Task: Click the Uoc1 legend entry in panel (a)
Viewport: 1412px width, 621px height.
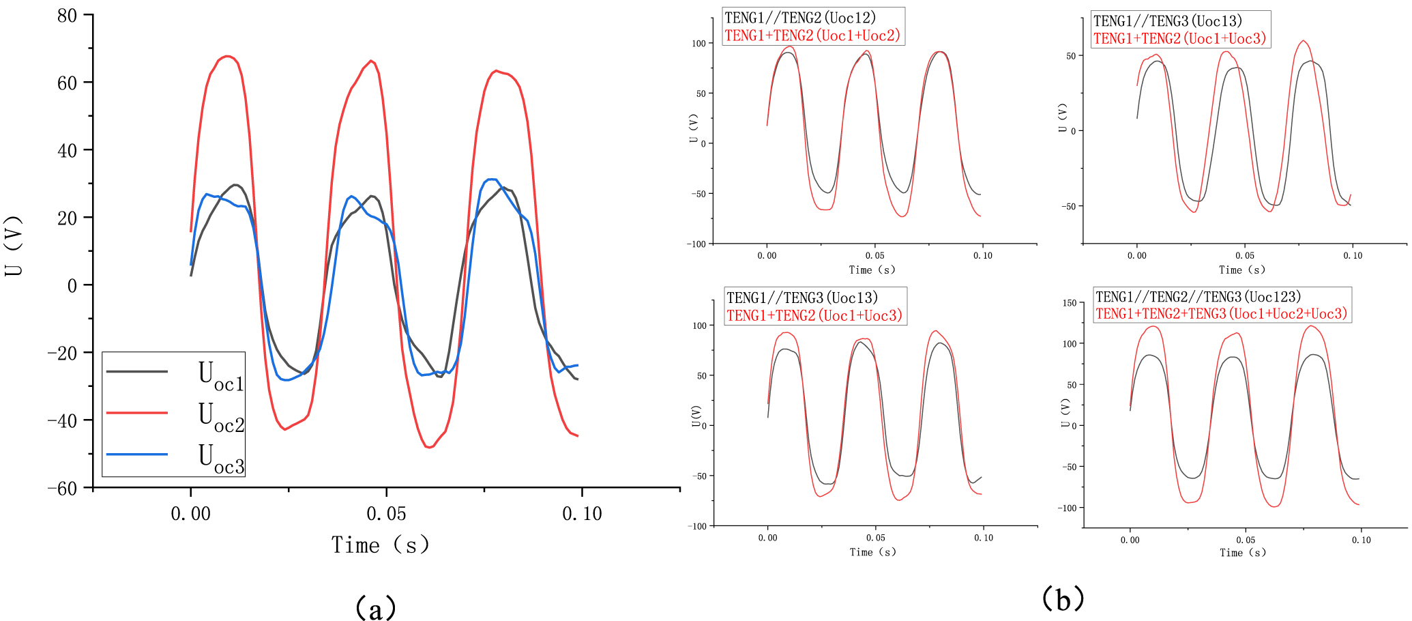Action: click(x=220, y=375)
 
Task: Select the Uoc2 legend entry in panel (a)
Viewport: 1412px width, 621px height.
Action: click(x=220, y=416)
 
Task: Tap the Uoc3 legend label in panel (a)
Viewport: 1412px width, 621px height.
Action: click(x=220, y=457)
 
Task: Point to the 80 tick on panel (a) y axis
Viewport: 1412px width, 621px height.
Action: click(x=68, y=15)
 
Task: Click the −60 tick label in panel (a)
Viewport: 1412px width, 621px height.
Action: click(x=62, y=488)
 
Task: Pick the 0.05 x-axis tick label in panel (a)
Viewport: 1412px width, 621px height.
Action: click(x=386, y=513)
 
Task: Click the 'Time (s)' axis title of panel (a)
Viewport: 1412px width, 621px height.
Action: click(x=380, y=545)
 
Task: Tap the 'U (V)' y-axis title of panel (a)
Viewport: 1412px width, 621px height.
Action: click(x=14, y=246)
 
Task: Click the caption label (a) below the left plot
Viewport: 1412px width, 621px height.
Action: click(x=375, y=607)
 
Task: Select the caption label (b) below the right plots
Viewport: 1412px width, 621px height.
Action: click(x=1063, y=598)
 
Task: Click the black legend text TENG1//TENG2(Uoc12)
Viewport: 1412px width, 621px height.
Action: click(x=799, y=18)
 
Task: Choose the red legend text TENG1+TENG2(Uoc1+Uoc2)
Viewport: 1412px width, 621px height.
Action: click(x=812, y=35)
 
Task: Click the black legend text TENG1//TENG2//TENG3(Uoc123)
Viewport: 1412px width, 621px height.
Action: click(x=1198, y=297)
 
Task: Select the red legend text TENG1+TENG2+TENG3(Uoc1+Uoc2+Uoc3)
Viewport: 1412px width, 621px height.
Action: click(x=1221, y=314)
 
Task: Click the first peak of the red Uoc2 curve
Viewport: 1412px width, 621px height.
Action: click(x=228, y=56)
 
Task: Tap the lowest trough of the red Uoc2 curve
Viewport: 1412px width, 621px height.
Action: click(x=428, y=447)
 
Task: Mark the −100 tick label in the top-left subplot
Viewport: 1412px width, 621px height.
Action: click(x=698, y=244)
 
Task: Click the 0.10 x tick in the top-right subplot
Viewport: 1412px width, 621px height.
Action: click(x=1353, y=256)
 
